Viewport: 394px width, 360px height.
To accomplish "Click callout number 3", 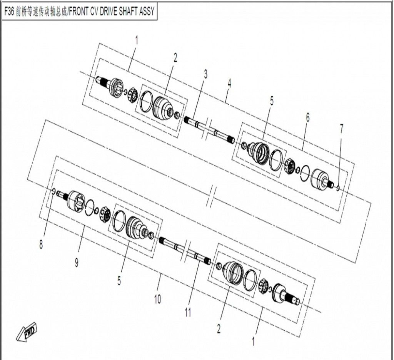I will (205, 74).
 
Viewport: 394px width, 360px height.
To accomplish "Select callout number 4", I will (229, 84).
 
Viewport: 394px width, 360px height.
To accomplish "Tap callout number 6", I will (307, 118).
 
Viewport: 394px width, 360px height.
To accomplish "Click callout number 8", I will (41, 245).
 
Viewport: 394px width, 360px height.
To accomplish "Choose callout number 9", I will (77, 263).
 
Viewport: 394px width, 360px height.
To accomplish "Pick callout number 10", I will (158, 299).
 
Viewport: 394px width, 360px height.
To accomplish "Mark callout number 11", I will (187, 312).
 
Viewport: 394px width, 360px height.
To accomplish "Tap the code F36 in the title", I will (10, 12).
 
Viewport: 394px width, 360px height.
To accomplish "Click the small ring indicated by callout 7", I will (337, 188).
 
